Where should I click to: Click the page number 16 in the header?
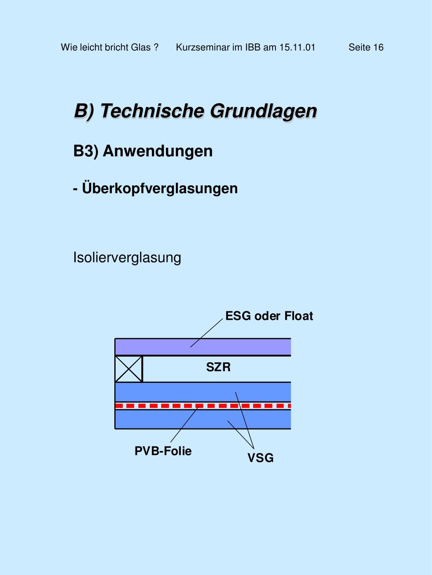click(378, 47)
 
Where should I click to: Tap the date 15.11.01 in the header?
click(297, 47)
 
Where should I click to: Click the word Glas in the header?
click(140, 47)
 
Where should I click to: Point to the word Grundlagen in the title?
click(263, 111)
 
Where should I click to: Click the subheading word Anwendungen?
click(157, 151)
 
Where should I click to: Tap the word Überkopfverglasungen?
click(160, 188)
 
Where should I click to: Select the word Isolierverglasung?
click(127, 257)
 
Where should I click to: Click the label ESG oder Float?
click(269, 316)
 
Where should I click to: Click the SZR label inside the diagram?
click(218, 367)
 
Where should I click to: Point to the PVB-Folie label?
click(163, 451)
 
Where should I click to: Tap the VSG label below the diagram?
click(260, 458)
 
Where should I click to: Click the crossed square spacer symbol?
click(129, 369)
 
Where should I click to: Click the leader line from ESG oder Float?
click(207, 333)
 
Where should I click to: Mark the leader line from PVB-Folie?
click(184, 425)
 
